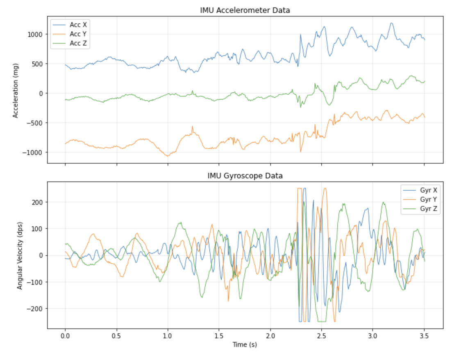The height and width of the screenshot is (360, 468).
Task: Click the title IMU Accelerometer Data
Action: tap(245, 10)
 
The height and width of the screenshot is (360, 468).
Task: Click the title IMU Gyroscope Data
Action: tap(245, 176)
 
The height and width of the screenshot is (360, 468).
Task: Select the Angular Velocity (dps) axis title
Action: tap(20, 255)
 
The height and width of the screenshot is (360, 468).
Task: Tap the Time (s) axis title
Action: tap(245, 345)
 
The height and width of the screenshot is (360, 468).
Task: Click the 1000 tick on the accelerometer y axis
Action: tap(36, 34)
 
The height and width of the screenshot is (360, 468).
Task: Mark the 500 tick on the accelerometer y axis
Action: tap(37, 64)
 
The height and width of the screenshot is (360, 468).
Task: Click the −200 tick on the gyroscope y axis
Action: tap(36, 308)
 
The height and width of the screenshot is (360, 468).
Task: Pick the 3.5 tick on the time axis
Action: tap(424, 335)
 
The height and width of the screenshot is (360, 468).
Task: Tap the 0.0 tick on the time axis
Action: tap(65, 335)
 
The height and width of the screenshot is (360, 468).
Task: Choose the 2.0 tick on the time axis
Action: tap(270, 335)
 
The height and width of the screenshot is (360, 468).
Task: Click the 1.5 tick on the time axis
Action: tap(219, 335)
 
